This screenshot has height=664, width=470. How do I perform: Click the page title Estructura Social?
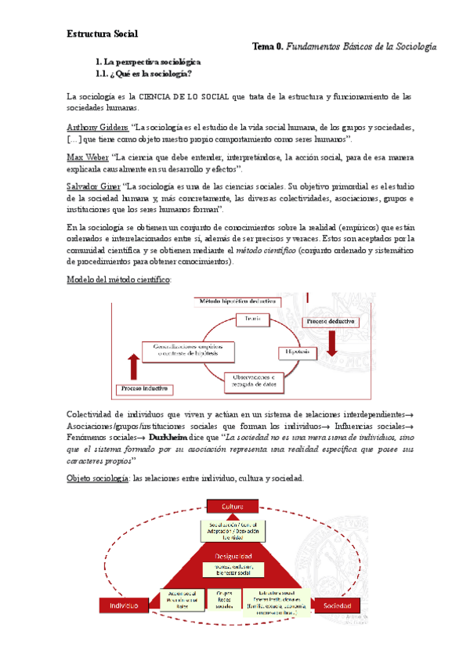(102, 34)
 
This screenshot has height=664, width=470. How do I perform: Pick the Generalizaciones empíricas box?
(182, 349)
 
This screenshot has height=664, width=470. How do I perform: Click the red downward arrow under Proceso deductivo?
(331, 345)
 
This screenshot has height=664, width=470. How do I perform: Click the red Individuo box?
(121, 605)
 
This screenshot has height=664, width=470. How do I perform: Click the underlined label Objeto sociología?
(98, 478)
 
